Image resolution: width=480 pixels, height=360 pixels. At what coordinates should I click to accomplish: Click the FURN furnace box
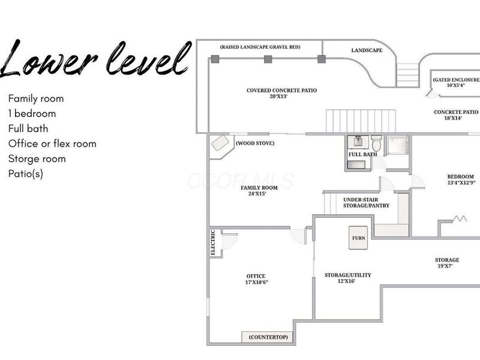(358, 238)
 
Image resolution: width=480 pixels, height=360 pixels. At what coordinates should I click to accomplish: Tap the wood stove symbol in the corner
(220, 143)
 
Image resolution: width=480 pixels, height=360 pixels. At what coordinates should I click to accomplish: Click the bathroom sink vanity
(358, 142)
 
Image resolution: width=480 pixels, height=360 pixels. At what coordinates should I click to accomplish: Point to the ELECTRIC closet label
(213, 242)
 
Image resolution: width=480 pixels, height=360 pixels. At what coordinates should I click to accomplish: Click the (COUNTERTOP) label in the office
(268, 337)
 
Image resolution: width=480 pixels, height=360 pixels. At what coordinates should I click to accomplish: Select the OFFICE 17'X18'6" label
(256, 279)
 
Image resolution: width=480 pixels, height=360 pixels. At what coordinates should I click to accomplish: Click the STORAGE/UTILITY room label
(348, 278)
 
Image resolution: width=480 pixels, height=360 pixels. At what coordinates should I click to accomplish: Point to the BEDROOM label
(461, 179)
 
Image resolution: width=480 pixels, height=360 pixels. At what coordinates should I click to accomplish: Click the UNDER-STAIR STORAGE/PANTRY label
(366, 203)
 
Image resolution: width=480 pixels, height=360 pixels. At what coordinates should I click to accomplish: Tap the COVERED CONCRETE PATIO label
(281, 93)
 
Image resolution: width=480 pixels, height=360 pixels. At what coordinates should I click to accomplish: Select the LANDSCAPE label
(367, 50)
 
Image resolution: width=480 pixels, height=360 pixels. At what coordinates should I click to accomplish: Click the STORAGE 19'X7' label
(447, 263)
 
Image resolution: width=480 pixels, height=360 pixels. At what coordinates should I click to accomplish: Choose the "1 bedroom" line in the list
(32, 113)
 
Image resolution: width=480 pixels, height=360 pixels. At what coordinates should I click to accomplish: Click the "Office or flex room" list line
(52, 143)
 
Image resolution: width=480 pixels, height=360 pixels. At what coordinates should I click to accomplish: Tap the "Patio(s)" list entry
(26, 174)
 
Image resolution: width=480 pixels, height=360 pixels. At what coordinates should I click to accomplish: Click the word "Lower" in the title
(49, 59)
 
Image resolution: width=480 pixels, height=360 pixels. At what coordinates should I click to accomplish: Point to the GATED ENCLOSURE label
(456, 82)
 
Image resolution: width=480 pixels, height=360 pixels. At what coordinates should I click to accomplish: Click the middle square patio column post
(268, 59)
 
